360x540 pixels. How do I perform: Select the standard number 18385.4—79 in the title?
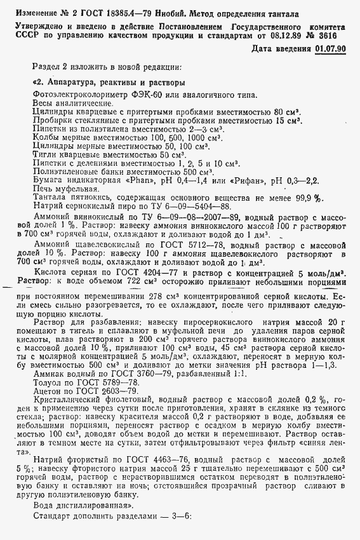click(106, 13)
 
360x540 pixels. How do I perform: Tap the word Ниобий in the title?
click(142, 13)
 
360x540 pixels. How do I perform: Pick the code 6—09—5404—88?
click(192, 206)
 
